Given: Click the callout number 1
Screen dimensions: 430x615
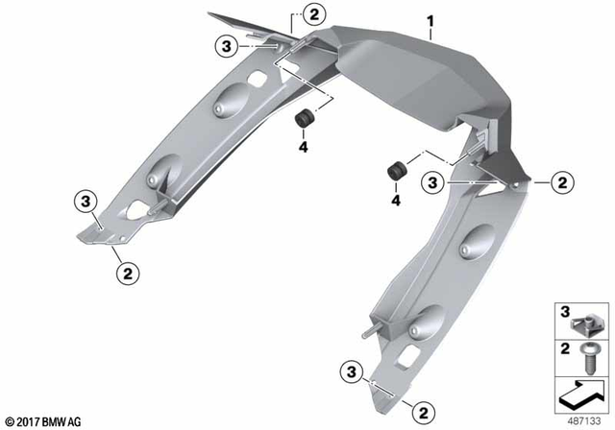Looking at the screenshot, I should click(431, 18).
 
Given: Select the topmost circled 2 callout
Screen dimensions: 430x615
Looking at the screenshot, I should click(315, 13).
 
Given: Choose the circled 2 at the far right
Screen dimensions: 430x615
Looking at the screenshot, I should click(562, 180).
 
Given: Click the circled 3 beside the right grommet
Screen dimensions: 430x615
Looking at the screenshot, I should click(434, 180).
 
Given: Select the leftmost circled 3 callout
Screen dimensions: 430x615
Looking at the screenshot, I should click(86, 201).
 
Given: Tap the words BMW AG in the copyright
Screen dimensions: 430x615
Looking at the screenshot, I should click(64, 421).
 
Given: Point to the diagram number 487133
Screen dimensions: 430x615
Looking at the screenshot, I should click(582, 419).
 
